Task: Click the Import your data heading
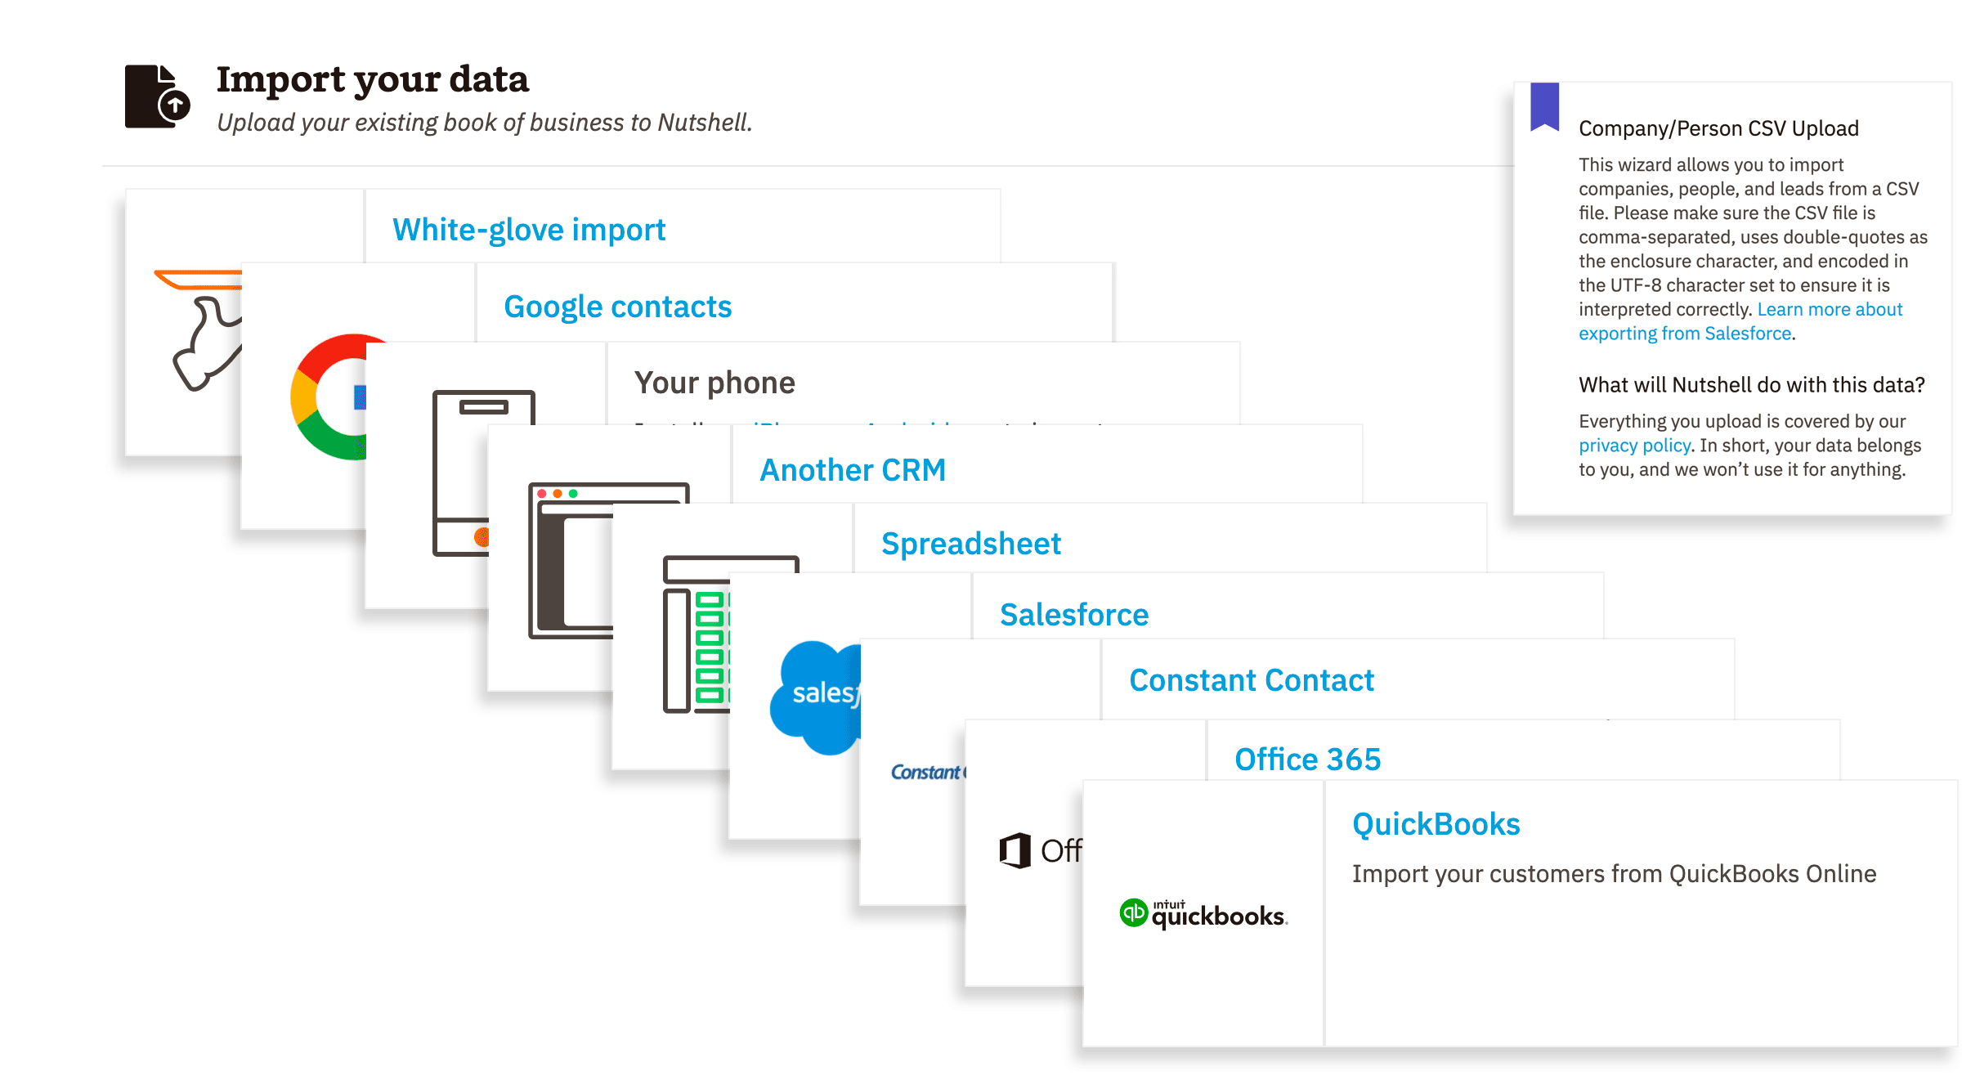click(372, 79)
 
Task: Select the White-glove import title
click(529, 230)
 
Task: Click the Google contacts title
click(617, 307)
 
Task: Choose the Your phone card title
click(714, 383)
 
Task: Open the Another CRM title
click(853, 470)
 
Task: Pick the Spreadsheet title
click(971, 544)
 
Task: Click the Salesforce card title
click(1074, 615)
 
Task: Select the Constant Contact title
click(1252, 680)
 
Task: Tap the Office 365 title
click(1307, 760)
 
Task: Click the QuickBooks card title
click(1436, 824)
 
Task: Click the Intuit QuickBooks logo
click(1203, 914)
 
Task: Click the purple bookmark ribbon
click(1544, 106)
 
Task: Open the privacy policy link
click(1634, 446)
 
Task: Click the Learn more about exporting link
click(1830, 310)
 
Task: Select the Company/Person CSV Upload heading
click(1718, 128)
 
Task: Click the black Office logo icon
click(1015, 850)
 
